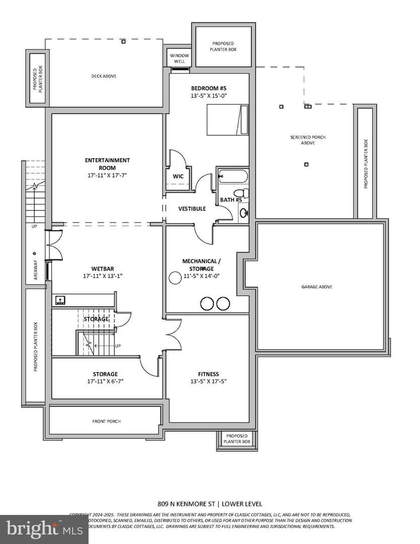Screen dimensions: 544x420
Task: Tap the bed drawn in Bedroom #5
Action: click(x=227, y=120)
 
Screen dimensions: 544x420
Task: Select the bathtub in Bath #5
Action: click(x=233, y=177)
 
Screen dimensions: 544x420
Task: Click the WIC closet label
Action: click(x=178, y=176)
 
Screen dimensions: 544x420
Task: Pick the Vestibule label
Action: click(x=192, y=209)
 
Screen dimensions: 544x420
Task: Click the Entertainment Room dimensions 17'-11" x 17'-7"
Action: click(x=107, y=176)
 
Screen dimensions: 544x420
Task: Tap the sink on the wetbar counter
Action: click(x=60, y=300)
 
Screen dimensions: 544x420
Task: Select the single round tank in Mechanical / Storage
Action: click(x=175, y=278)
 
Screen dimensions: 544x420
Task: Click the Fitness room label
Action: click(x=208, y=374)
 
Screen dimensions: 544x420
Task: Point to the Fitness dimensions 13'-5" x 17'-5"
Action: click(x=208, y=382)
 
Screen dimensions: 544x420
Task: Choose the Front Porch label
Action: click(x=106, y=421)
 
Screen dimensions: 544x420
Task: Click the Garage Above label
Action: click(x=317, y=287)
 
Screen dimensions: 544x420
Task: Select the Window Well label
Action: click(x=179, y=58)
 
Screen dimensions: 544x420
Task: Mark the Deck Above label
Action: click(x=104, y=76)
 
